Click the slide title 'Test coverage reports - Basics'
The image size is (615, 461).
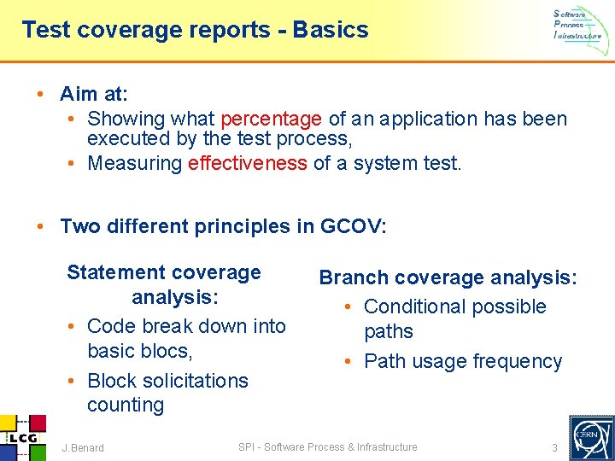coord(195,30)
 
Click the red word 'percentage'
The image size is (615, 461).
coord(271,119)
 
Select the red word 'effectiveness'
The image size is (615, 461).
coord(248,163)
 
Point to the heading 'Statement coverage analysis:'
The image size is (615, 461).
coord(165,284)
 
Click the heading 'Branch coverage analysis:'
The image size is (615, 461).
coord(448,277)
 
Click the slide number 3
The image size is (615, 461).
coord(554,448)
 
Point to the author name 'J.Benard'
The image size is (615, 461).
coord(83,448)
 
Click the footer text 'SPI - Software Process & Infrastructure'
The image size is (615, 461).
coord(327,447)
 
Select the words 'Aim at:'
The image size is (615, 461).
coord(93,93)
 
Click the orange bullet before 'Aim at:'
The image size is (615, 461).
coord(40,93)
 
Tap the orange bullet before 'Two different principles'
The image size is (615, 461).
coord(40,226)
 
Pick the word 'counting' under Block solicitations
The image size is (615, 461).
coord(126,405)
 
